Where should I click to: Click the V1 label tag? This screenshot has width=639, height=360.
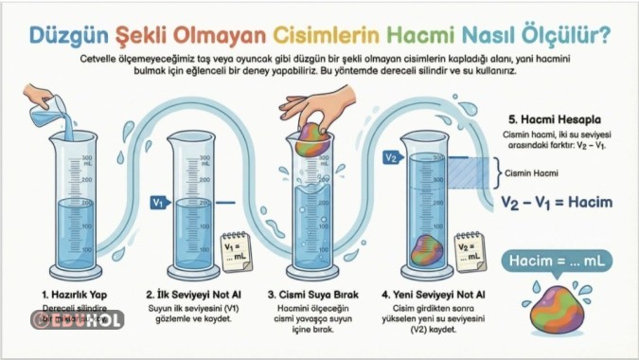[x=160, y=202]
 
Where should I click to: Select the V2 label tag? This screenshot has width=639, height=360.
[x=392, y=157]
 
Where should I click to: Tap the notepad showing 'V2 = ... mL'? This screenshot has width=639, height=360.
[x=470, y=250]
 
